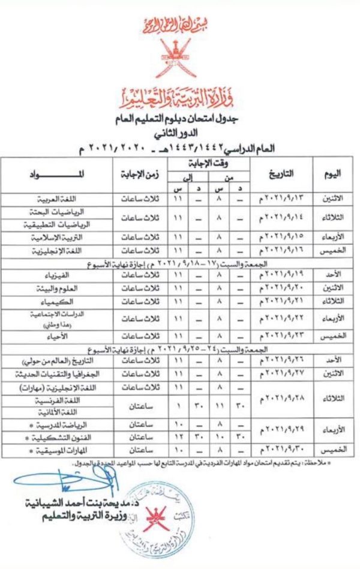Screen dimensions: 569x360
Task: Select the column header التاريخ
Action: pos(280,174)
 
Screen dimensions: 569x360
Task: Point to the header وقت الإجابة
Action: pos(205,164)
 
